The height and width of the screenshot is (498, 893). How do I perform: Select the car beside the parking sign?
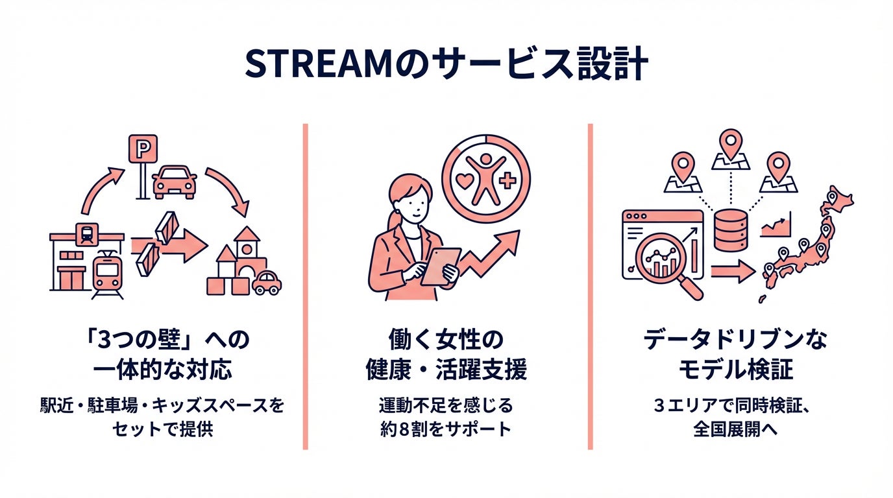[x=174, y=182]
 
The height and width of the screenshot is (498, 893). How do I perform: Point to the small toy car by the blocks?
[x=266, y=283]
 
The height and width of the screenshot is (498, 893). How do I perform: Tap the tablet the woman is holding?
[x=441, y=266]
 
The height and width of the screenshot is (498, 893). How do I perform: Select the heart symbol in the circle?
[x=465, y=180]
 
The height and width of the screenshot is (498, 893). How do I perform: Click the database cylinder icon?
[x=731, y=230]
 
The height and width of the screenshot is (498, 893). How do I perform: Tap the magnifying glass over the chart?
[x=662, y=263]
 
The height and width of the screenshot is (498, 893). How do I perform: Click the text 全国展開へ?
[x=735, y=429]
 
